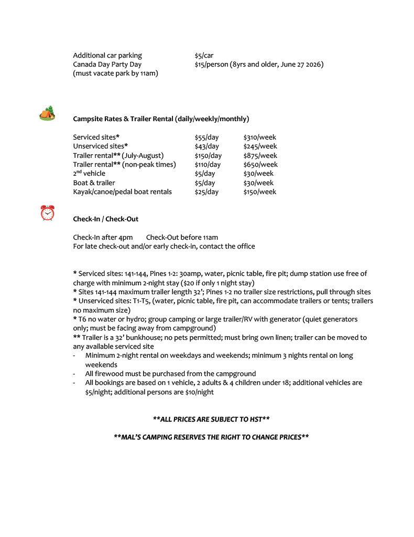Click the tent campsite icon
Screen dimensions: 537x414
click(x=47, y=113)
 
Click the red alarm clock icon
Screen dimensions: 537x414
click(x=47, y=213)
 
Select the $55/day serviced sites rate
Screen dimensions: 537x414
click(x=206, y=137)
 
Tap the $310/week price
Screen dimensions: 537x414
click(x=259, y=137)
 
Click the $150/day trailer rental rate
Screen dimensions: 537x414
click(x=208, y=156)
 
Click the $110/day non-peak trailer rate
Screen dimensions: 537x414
click(x=208, y=165)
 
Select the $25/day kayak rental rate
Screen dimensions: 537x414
click(x=206, y=192)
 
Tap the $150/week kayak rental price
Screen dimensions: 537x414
click(x=259, y=192)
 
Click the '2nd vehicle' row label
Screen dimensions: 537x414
click(x=89, y=174)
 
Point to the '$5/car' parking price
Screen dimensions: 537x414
click(x=204, y=56)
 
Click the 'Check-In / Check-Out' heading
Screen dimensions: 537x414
click(x=105, y=219)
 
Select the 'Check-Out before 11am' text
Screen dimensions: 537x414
click(x=182, y=238)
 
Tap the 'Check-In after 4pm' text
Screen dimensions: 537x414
click(x=103, y=238)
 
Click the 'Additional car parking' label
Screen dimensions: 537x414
click(x=107, y=56)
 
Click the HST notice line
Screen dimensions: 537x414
click(x=211, y=420)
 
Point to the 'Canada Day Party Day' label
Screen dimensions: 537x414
click(x=107, y=65)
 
